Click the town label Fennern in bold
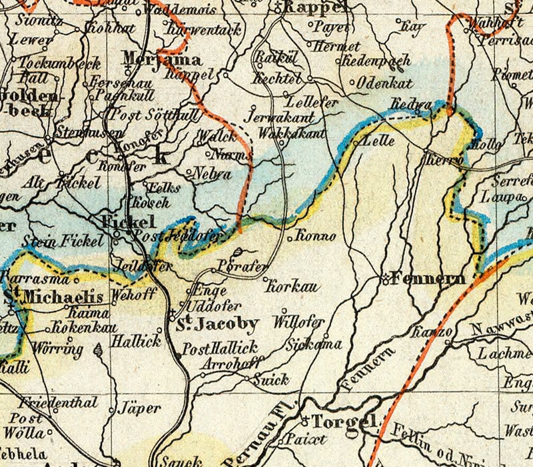pos(428,279)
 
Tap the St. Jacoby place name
pos(217,325)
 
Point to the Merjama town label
pos(153,59)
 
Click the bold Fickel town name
pos(128,222)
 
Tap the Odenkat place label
pos(385,83)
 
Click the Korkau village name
pos(292,288)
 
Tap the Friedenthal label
pos(58,404)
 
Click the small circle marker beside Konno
pos(289,237)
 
